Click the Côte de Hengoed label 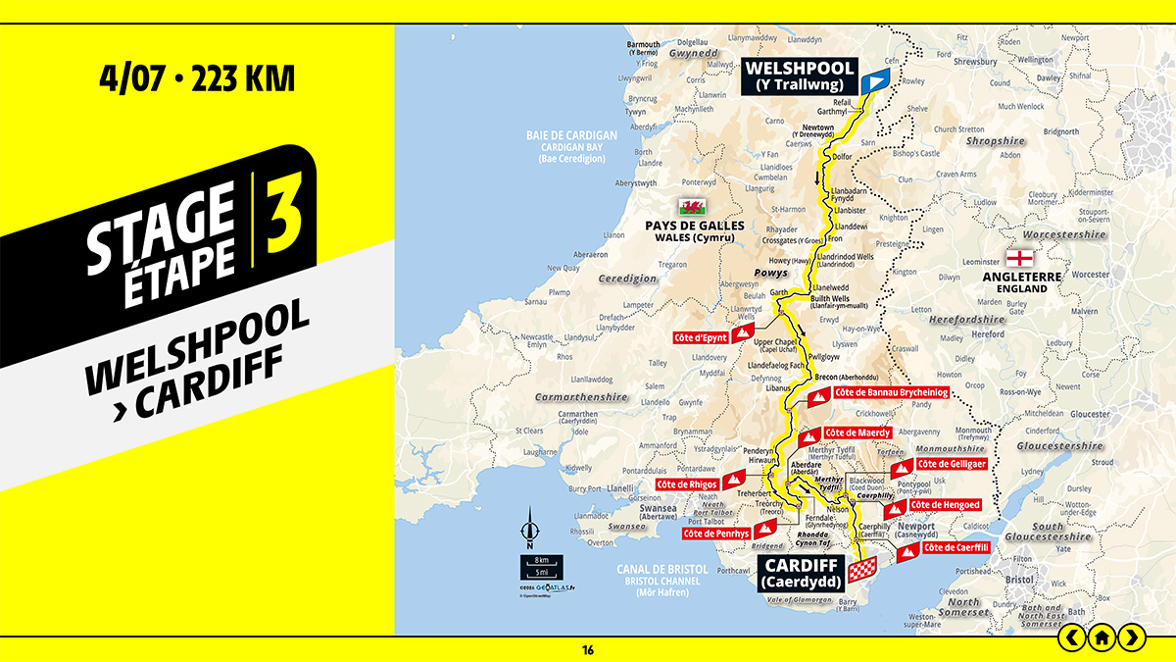tap(945, 504)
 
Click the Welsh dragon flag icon tap(694, 207)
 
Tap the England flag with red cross tap(1019, 259)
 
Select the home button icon tap(1102, 637)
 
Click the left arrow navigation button tap(1072, 637)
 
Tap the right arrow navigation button tap(1132, 637)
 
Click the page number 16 tap(588, 649)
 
